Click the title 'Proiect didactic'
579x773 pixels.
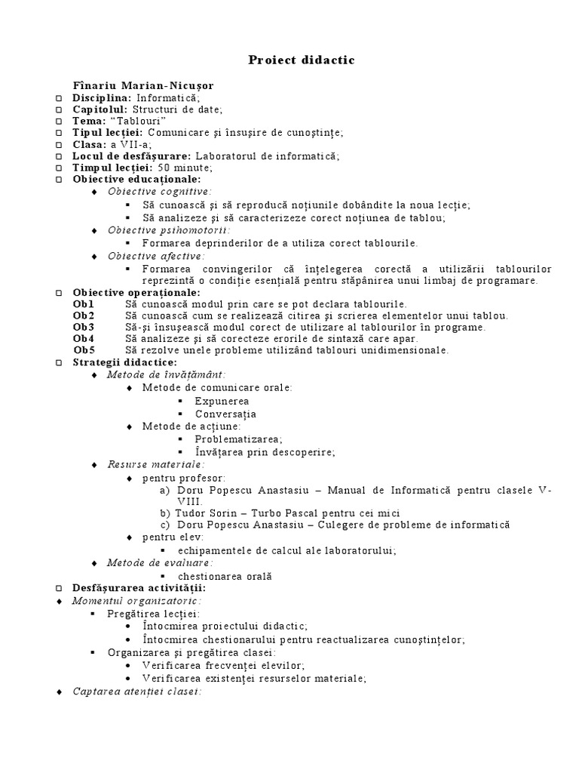coord(290,60)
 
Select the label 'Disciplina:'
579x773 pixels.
coord(102,98)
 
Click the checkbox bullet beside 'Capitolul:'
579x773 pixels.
coord(59,110)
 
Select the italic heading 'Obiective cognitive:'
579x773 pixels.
coord(159,192)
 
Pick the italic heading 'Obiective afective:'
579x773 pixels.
coord(156,257)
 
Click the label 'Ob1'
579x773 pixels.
coord(83,303)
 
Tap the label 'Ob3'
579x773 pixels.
coord(83,327)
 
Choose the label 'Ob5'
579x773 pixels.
coord(83,350)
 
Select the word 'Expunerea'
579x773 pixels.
coord(222,401)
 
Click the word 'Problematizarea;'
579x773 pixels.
coord(238,439)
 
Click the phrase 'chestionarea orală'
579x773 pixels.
coord(234,576)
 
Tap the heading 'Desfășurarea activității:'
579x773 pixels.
coord(139,588)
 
